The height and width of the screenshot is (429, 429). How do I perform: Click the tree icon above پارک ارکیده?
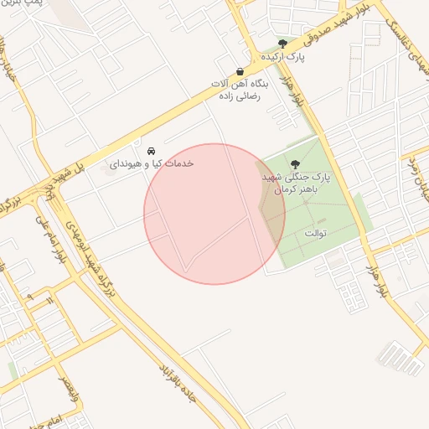tap(282, 44)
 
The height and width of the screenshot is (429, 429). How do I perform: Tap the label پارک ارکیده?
tap(283, 57)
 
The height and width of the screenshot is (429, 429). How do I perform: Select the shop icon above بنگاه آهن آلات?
tap(240, 72)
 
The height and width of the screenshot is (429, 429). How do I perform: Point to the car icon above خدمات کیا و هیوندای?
tap(150, 151)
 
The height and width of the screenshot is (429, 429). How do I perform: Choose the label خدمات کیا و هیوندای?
tap(151, 163)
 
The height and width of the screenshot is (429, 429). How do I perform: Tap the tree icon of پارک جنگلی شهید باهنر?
tap(294, 164)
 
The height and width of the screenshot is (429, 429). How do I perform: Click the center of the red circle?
tap(214, 214)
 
